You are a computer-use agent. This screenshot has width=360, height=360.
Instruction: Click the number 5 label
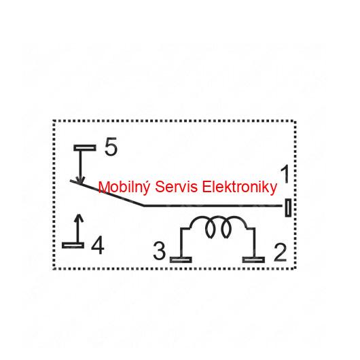111,146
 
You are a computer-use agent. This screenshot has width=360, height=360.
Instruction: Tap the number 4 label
98,245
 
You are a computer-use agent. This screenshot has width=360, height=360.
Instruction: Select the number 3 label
159,251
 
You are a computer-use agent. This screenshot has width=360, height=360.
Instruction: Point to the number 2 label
281,253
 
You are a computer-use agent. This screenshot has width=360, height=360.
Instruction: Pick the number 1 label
285,174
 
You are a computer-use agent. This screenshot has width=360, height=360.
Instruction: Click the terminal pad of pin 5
85,147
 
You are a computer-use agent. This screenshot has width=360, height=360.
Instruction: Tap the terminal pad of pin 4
73,245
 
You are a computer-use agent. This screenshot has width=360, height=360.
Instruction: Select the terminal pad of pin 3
181,259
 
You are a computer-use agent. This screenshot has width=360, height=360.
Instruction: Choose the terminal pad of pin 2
253,259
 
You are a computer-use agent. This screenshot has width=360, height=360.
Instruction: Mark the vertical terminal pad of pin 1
288,208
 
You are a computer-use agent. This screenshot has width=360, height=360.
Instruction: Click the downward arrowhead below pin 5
80,180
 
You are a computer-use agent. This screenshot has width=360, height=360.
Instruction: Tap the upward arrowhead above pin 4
79,218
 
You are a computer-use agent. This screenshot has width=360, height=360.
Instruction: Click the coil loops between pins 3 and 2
218,227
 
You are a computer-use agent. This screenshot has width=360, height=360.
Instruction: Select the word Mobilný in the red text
124,187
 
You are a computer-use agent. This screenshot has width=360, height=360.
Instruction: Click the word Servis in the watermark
177,187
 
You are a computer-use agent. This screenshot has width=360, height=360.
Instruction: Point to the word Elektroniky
240,187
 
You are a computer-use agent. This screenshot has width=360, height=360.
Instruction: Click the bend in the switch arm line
144,206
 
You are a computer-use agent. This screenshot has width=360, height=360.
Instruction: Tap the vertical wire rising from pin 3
181,242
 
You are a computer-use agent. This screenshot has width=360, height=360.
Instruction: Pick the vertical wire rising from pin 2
255,242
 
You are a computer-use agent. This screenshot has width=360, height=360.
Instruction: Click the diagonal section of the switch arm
107,193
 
